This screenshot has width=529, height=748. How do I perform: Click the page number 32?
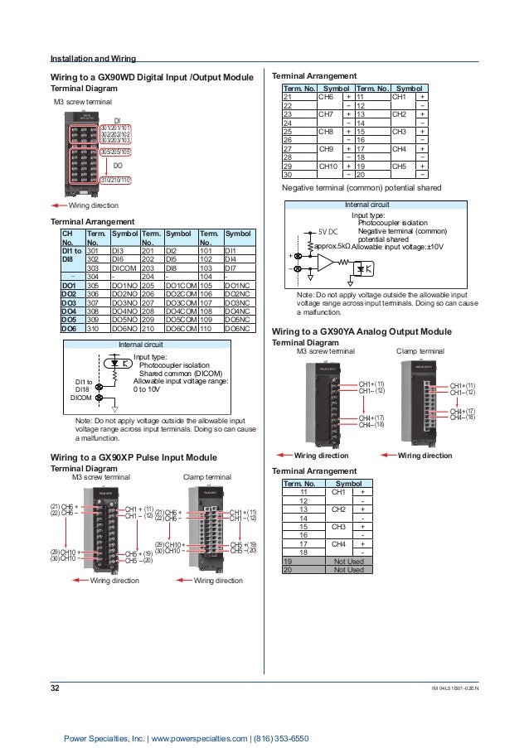point(56,687)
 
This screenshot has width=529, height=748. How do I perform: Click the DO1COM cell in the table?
point(181,286)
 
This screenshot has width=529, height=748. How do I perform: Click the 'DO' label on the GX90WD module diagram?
point(118,166)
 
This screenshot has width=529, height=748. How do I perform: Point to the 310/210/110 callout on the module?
point(115,179)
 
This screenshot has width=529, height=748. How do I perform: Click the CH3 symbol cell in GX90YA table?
point(338,525)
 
